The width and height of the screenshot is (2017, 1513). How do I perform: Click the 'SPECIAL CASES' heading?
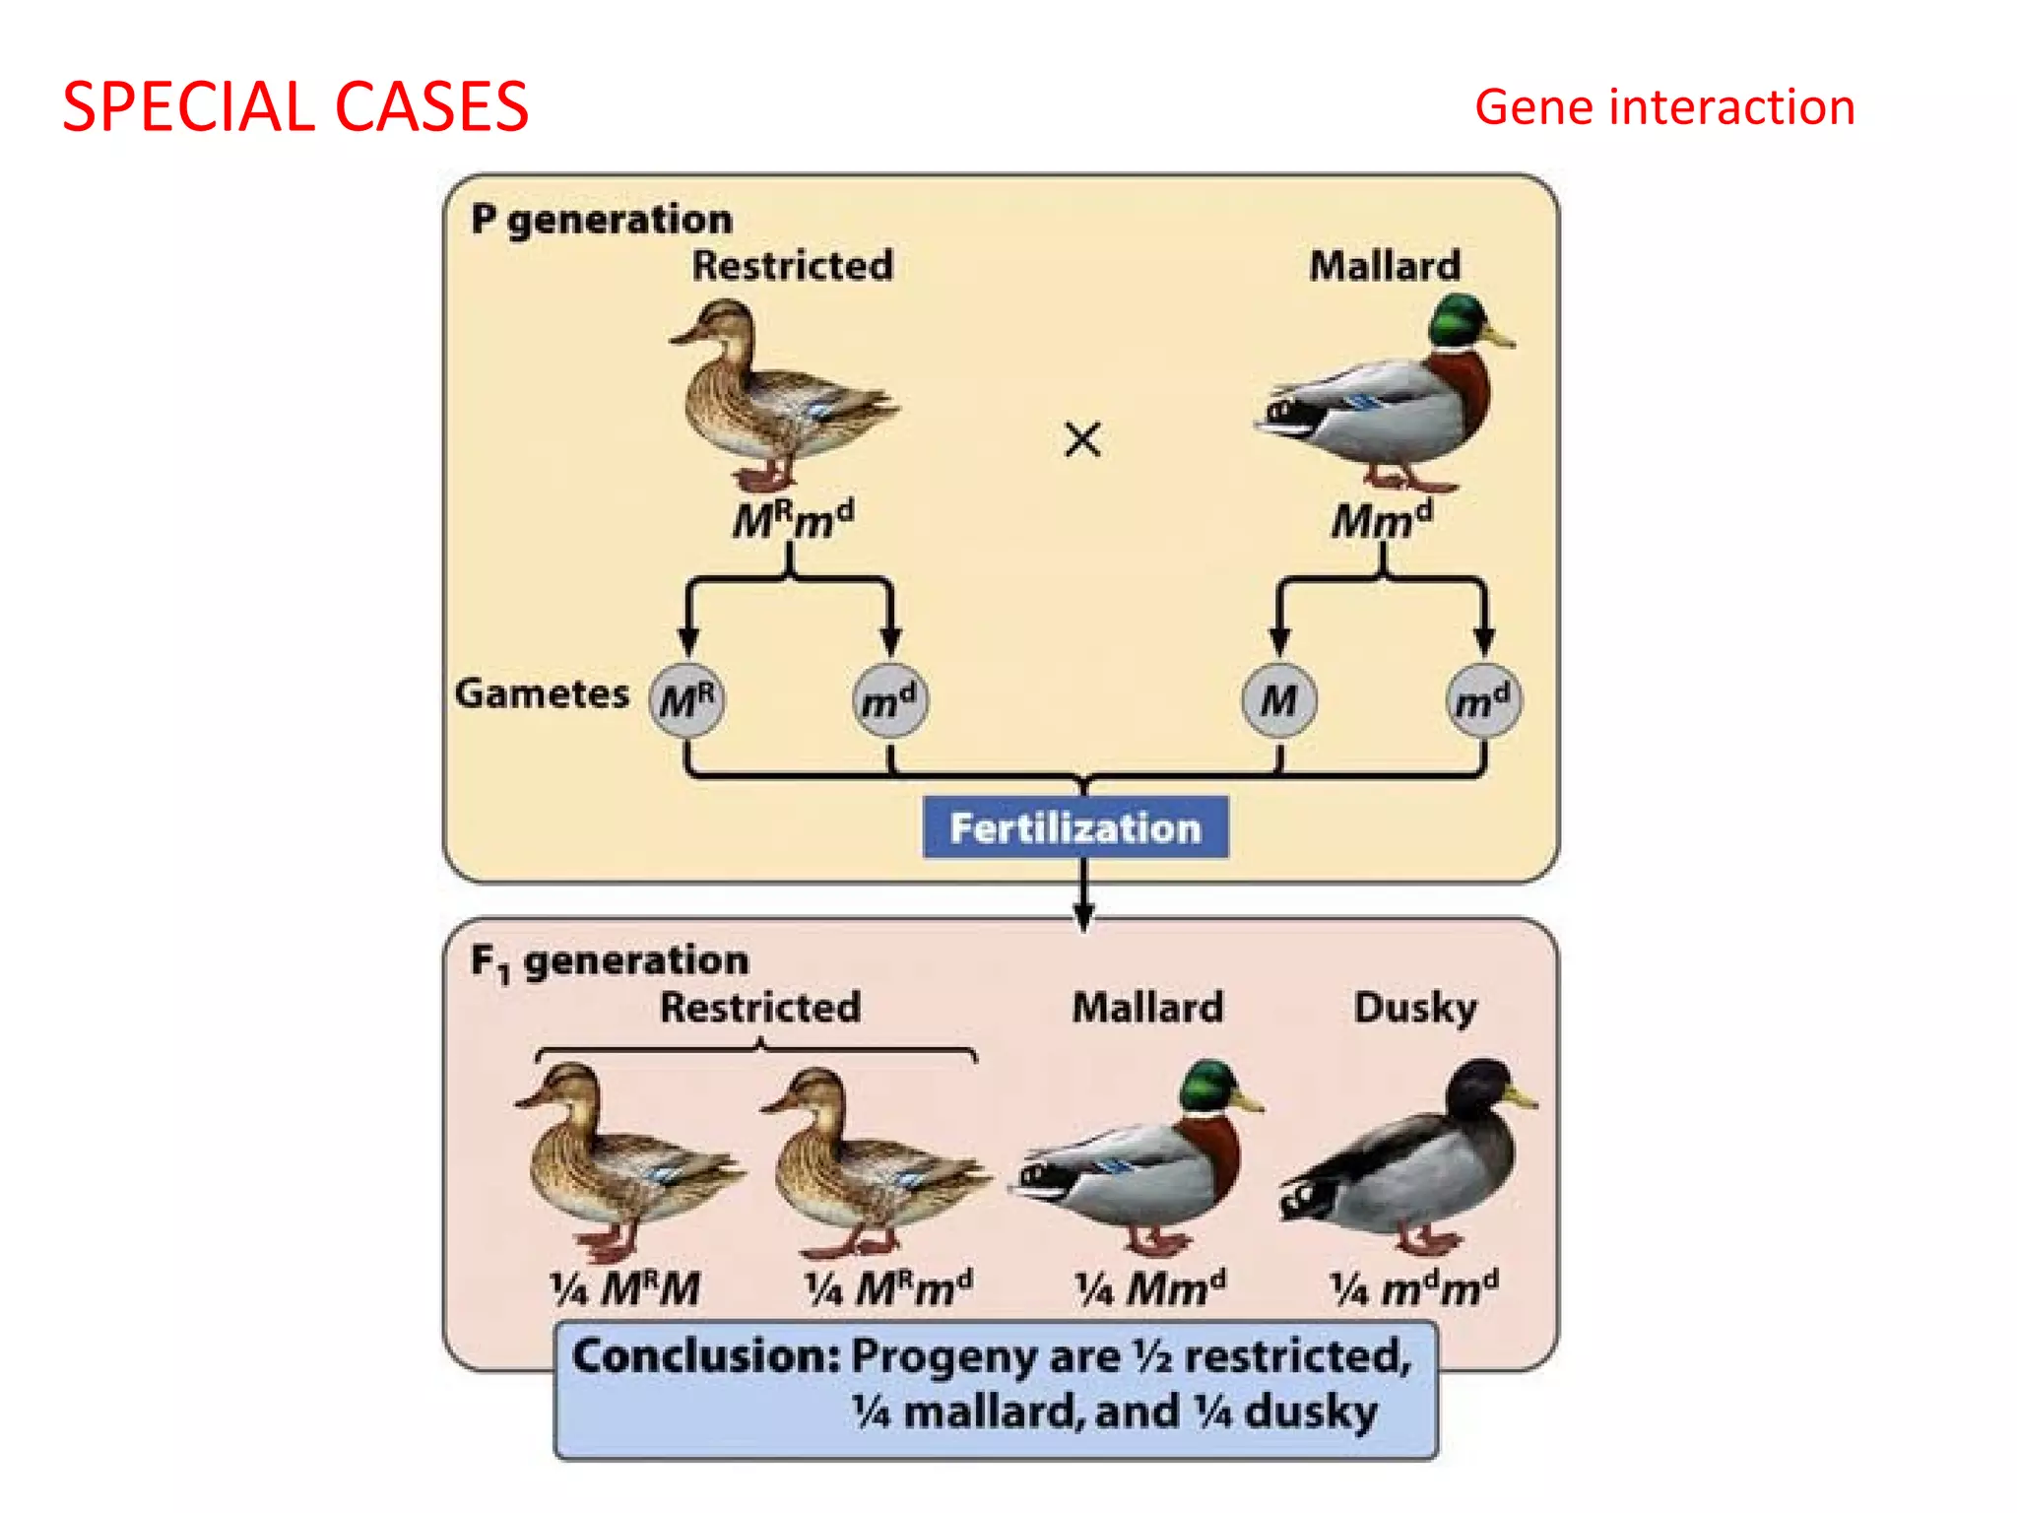tap(295, 106)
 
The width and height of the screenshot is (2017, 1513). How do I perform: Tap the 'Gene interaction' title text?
tap(1664, 106)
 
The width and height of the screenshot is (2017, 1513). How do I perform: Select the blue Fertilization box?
tap(1074, 827)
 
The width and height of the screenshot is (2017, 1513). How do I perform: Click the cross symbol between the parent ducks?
tap(1082, 439)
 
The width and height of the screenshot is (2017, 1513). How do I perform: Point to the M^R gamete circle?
tap(686, 700)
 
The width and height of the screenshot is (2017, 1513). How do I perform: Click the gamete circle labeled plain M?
tap(1278, 700)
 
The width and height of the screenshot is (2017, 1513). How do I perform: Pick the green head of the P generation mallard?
tap(1458, 320)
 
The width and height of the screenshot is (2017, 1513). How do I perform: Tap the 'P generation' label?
tap(602, 219)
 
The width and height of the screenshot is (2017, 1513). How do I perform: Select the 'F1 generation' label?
tap(610, 960)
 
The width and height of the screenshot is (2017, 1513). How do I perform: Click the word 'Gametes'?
tap(542, 693)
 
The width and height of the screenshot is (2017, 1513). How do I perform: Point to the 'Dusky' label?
tap(1415, 1008)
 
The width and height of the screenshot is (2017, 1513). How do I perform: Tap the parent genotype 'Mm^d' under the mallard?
tap(1382, 519)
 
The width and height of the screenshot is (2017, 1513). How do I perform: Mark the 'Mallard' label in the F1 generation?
tap(1147, 1008)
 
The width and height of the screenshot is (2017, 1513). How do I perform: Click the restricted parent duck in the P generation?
tap(778, 394)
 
